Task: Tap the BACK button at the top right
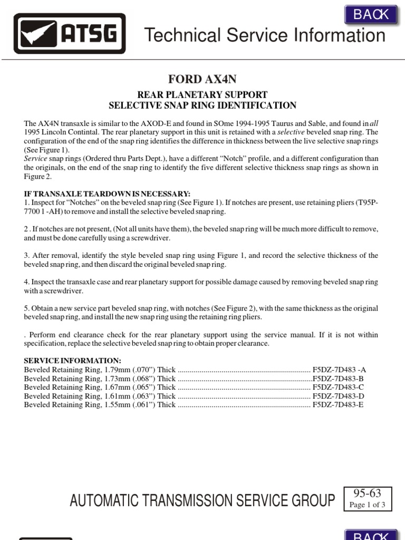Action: pos(371,14)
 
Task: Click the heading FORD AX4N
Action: pos(202,80)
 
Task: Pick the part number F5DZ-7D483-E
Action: pos(338,405)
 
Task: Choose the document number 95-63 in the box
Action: pos(367,494)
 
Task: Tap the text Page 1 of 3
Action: pos(367,505)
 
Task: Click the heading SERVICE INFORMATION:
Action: pos(73,361)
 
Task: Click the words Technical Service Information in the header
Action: pos(265,35)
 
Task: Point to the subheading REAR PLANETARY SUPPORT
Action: pos(202,95)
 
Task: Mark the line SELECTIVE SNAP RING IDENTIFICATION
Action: pos(202,105)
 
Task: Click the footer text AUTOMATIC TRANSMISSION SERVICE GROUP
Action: pos(202,500)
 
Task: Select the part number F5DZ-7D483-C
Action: pos(338,388)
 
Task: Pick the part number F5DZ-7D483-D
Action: pos(338,396)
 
